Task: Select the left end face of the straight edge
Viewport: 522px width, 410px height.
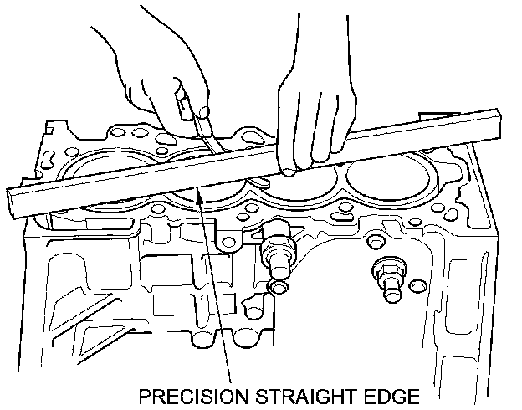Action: (x=18, y=206)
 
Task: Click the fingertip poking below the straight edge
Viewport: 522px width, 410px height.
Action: (x=287, y=172)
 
